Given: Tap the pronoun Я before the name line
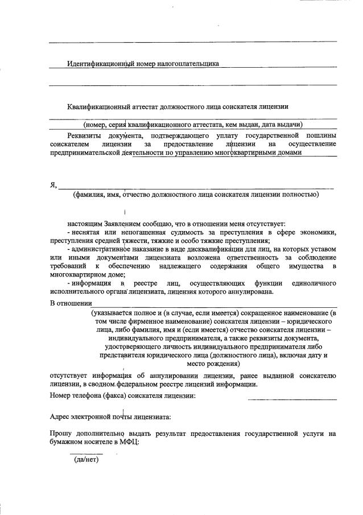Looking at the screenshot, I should (x=53, y=185).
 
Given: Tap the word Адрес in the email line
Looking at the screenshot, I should (x=61, y=417).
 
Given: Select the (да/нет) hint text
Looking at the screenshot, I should (x=86, y=460).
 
